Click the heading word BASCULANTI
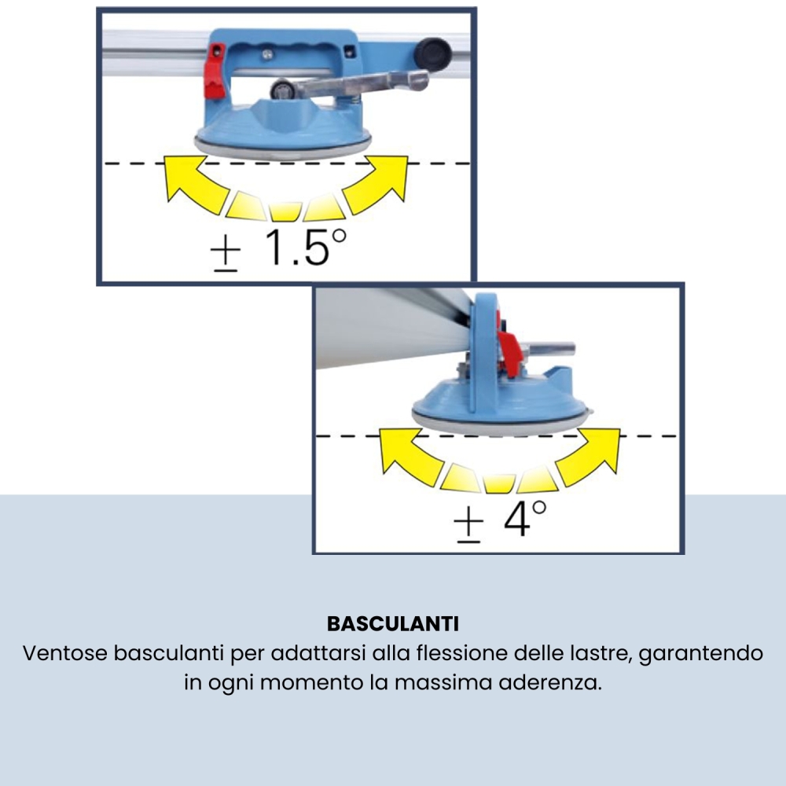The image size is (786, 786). (x=392, y=624)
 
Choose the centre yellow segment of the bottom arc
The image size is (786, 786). (x=498, y=482)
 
